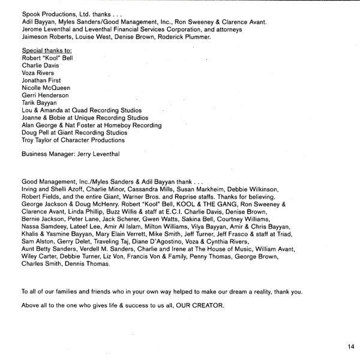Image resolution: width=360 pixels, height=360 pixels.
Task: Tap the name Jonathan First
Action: [41, 80]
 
